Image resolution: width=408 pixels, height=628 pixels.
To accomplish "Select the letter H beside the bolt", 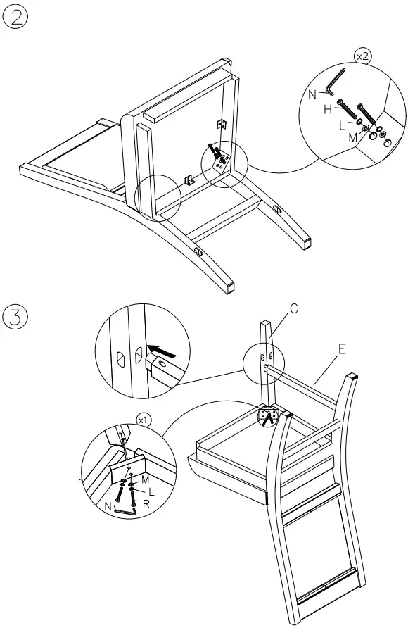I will (x=327, y=108).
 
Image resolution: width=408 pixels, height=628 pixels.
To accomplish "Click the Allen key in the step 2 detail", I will (x=336, y=82).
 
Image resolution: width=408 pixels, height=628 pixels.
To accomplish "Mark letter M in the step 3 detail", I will (x=146, y=479).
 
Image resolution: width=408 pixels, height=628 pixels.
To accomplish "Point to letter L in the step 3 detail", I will (x=151, y=491).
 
